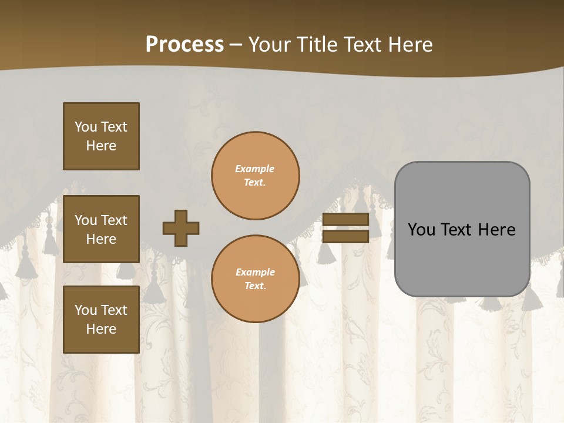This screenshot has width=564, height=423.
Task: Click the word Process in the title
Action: pyautogui.click(x=184, y=45)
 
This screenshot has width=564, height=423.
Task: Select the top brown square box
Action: pyautogui.click(x=101, y=136)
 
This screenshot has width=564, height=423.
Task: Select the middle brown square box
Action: pyautogui.click(x=101, y=229)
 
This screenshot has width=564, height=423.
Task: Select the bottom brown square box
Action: pyautogui.click(x=101, y=320)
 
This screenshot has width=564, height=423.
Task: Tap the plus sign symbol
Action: pyautogui.click(x=181, y=228)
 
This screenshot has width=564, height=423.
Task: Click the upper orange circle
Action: pyautogui.click(x=255, y=176)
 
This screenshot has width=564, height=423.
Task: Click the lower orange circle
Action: pyautogui.click(x=255, y=279)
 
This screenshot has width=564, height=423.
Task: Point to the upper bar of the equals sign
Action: pyautogui.click(x=345, y=219)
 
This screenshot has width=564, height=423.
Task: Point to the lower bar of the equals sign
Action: pyautogui.click(x=345, y=237)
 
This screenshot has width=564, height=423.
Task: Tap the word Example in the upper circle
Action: pyautogui.click(x=254, y=169)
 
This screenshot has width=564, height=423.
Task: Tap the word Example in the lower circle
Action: pyautogui.click(x=255, y=272)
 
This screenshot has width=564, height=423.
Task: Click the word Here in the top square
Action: pyautogui.click(x=101, y=146)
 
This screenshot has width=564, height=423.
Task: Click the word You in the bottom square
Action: pyautogui.click(x=85, y=310)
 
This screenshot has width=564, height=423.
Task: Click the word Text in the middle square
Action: pyautogui.click(x=113, y=220)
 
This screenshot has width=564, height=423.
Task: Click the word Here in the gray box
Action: pyautogui.click(x=496, y=230)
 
